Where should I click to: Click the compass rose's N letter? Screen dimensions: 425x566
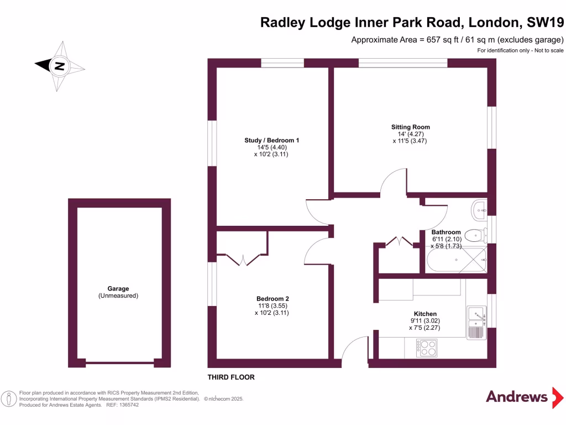tap(59, 66)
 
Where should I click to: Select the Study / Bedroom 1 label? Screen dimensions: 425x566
tap(271, 141)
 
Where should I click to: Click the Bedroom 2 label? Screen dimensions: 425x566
tap(271, 298)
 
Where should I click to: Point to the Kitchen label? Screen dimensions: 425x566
tap(425, 313)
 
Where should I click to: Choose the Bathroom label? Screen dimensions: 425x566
tap(446, 232)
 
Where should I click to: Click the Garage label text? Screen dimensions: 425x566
tap(118, 289)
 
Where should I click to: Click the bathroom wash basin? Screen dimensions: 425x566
tap(480, 209)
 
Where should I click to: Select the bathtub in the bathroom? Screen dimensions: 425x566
tap(456, 260)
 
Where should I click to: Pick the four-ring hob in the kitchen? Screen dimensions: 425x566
tap(428, 348)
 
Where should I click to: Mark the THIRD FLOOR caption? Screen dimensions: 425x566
tap(231, 377)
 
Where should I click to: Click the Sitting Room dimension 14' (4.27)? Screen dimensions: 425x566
tap(410, 134)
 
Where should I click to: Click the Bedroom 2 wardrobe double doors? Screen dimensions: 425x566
tap(242, 259)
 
